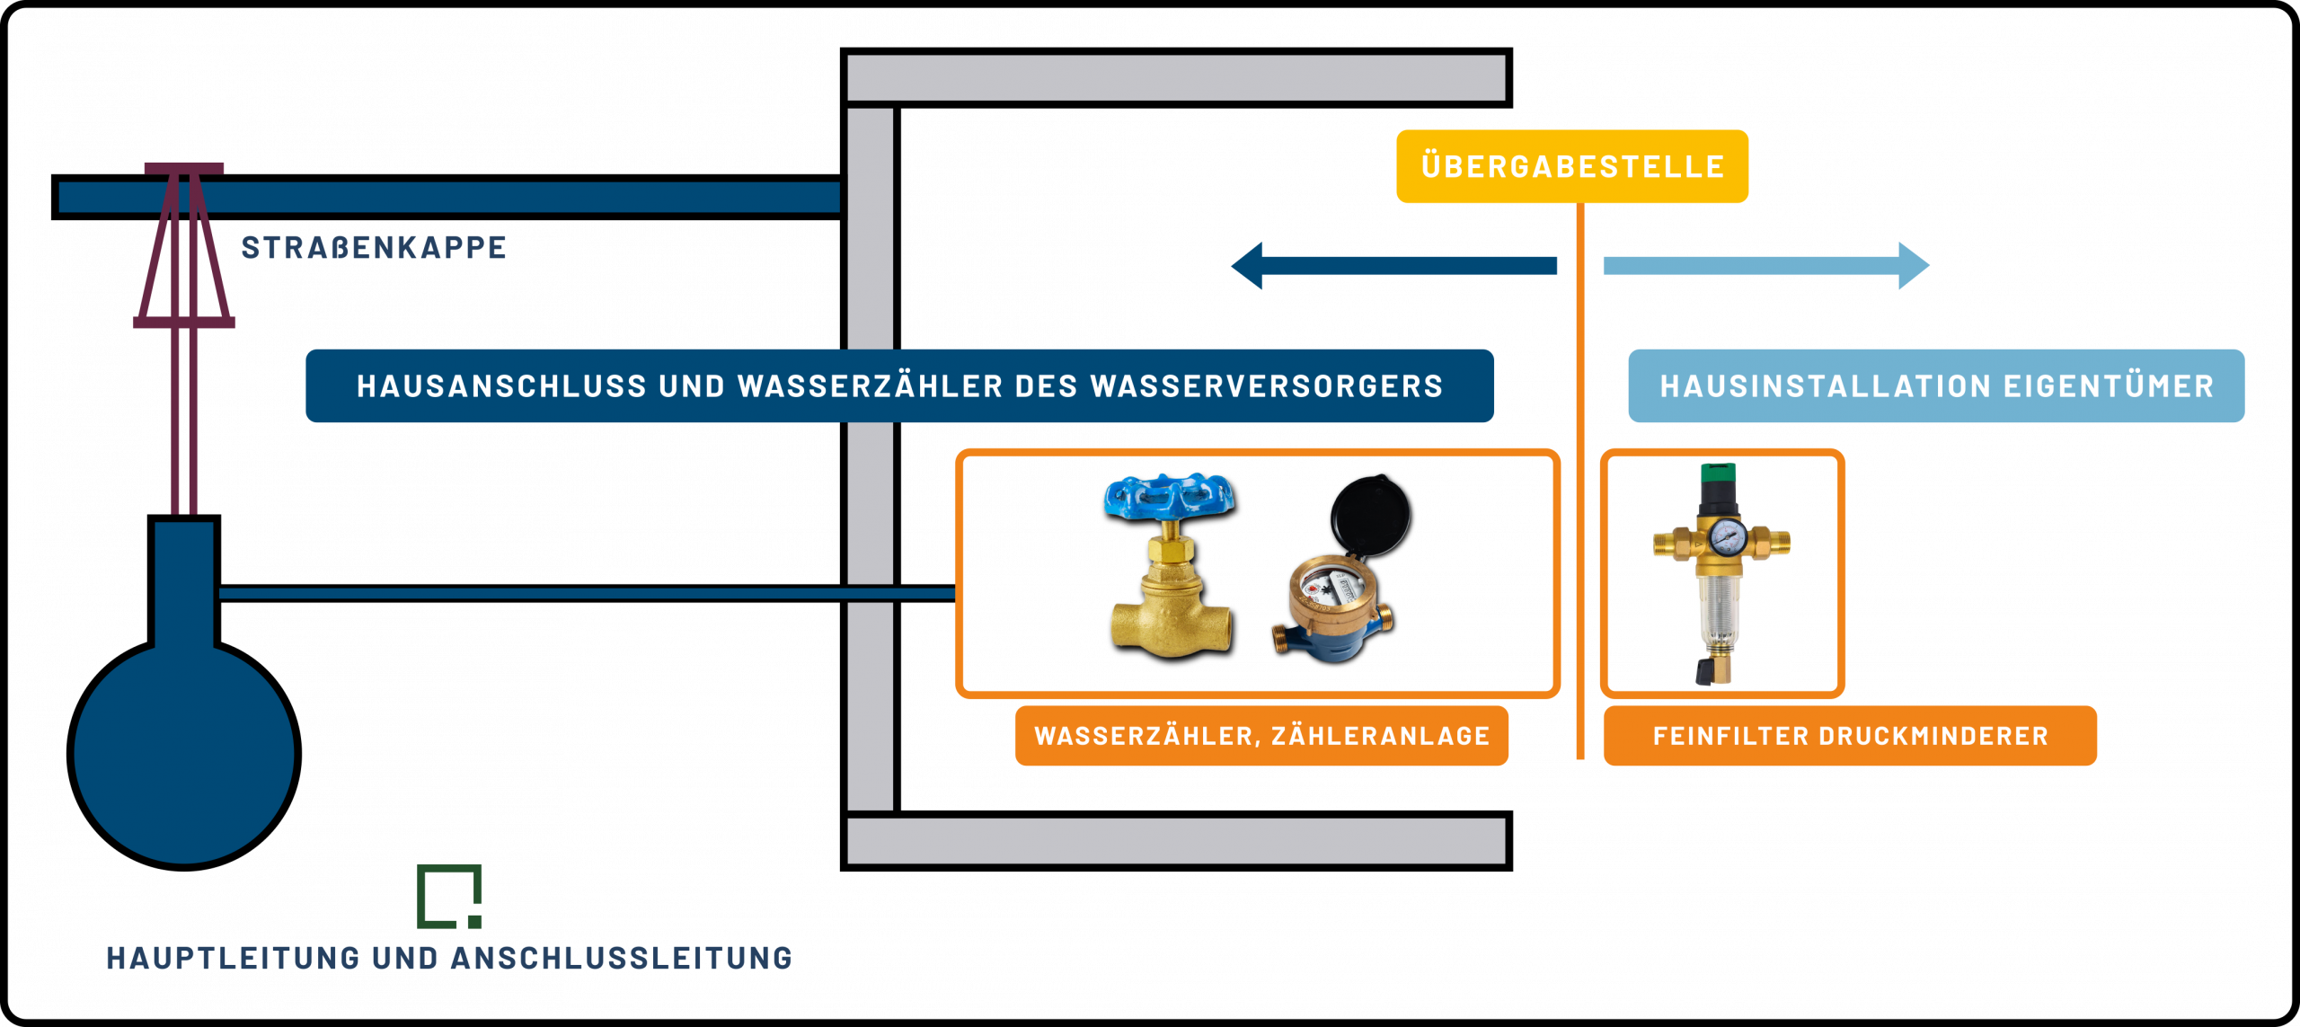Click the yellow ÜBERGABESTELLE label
pos(1571,167)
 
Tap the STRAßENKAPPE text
pos(374,248)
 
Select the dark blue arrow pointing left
pos(1393,265)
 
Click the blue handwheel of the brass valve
pos(1168,497)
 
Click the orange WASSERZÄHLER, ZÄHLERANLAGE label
pos(1261,736)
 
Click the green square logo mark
pos(449,896)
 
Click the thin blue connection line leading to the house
pos(584,593)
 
